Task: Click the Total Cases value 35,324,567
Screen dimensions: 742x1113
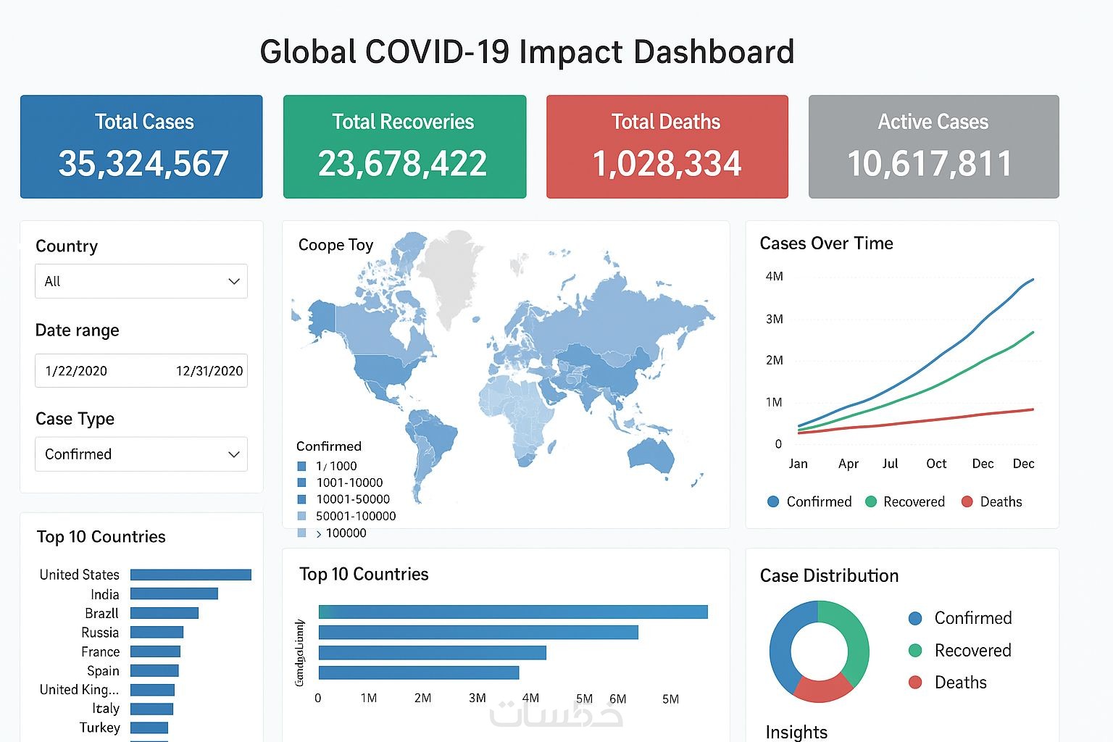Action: pos(143,164)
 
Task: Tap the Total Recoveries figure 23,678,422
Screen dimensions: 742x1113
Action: pos(403,164)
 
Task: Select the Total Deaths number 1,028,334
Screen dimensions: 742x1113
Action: pos(667,164)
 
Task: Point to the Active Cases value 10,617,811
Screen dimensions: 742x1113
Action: pos(930,164)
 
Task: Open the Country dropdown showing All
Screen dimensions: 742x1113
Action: pos(141,281)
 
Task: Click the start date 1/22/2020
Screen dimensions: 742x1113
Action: pos(76,371)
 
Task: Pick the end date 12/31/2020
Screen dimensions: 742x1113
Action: pos(209,371)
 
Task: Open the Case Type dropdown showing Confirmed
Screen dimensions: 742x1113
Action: pos(141,454)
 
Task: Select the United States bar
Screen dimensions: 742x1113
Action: pos(191,575)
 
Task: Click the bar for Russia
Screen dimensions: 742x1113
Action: pos(157,632)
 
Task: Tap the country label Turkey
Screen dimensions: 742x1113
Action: pos(100,728)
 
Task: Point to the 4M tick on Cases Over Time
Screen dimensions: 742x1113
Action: pos(774,276)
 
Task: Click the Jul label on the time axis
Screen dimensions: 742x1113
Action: pos(890,464)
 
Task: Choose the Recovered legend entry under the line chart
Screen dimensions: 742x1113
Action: pos(906,501)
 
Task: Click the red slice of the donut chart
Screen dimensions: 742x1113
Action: pos(822,688)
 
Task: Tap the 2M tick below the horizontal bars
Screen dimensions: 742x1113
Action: pos(422,699)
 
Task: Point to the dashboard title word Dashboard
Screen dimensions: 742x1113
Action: pos(714,52)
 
